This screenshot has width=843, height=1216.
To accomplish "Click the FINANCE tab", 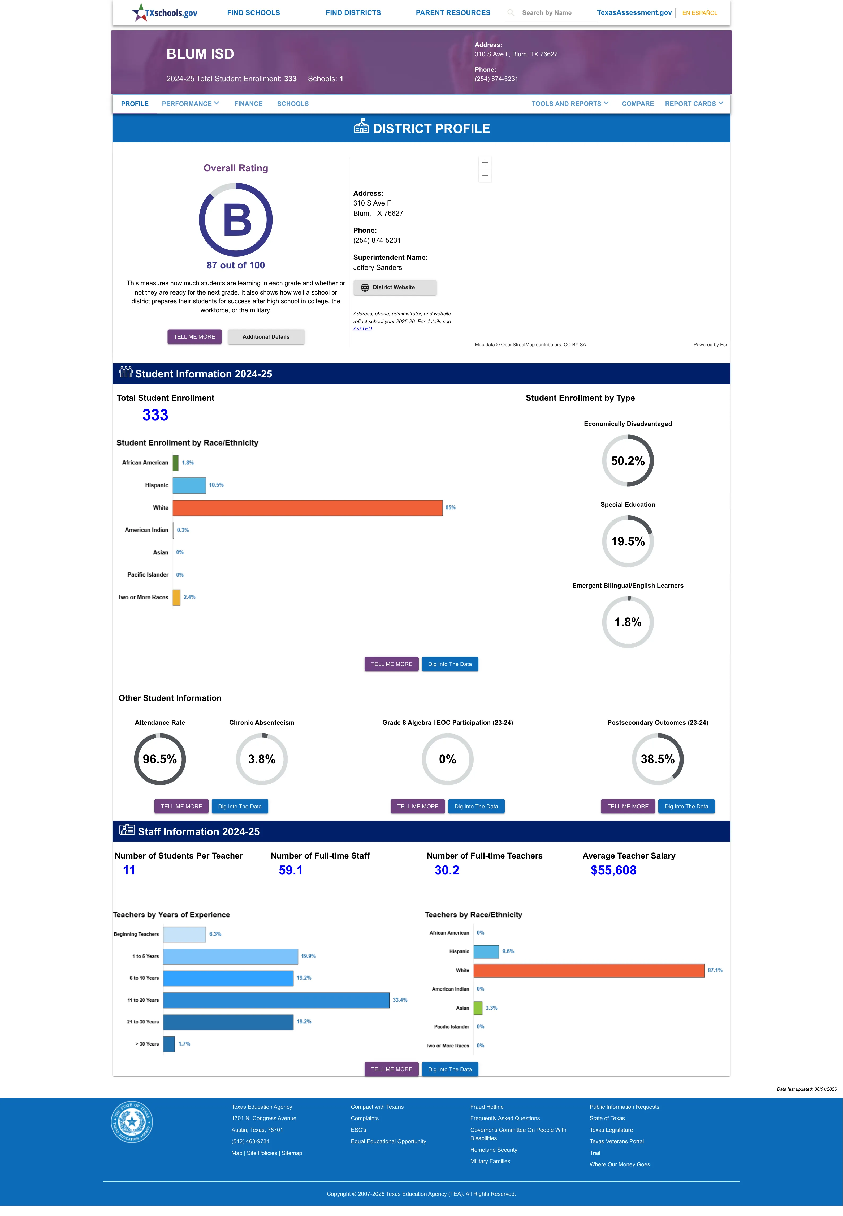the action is pos(248,104).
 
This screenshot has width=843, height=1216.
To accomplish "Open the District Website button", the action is pos(395,288).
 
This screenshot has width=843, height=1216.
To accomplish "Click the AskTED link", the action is pos(362,329).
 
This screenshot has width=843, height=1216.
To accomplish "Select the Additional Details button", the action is pos(266,337).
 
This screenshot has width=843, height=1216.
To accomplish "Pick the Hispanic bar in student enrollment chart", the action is pos(189,485).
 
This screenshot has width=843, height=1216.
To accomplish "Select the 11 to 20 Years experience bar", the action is pos(276,1000).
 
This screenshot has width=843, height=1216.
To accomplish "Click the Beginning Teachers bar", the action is pos(184,934).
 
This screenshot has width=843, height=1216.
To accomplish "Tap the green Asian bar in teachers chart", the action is pos(478,1008).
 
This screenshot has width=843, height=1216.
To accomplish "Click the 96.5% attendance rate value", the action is pos(160,760).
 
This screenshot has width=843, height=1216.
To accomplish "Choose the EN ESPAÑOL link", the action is pos(699,13).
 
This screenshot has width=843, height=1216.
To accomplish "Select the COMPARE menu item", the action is pos(638,104).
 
